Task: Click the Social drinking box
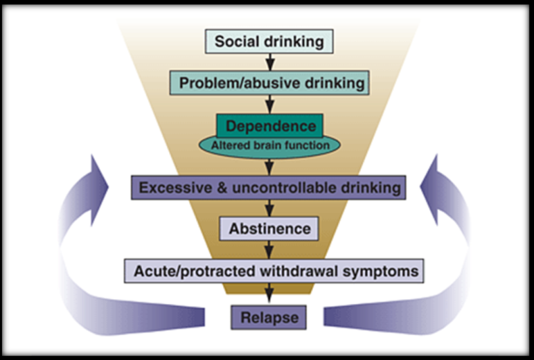270,42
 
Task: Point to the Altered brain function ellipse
270,145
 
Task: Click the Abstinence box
270,228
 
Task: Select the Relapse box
270,315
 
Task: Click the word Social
234,42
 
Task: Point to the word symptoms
389,271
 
